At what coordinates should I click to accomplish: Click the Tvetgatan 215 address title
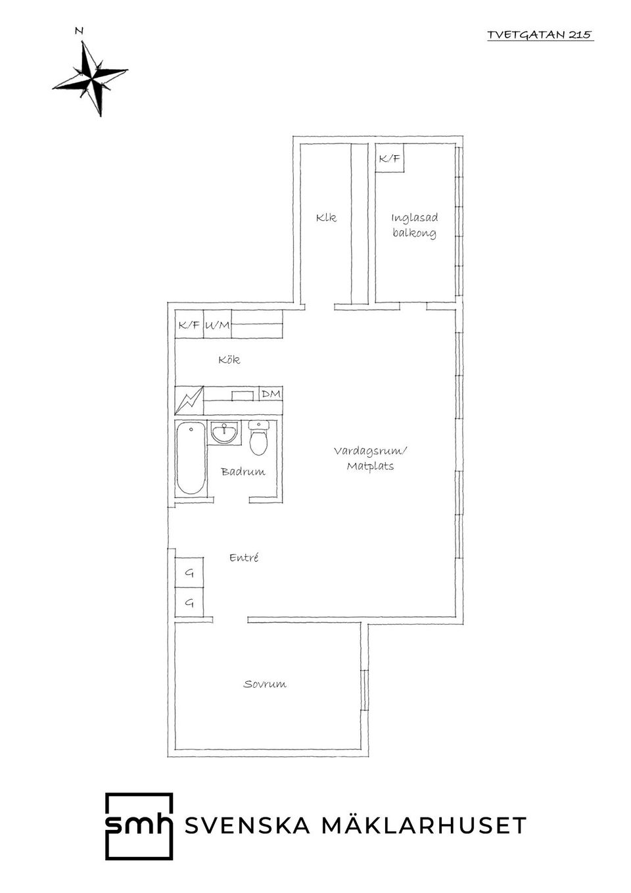[540, 35]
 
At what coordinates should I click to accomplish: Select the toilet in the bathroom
[259, 437]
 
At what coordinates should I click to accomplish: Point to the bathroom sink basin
[225, 433]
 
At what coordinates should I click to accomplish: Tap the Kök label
[229, 360]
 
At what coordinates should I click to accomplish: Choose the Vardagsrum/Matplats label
[371, 458]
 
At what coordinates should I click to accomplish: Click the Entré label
[244, 558]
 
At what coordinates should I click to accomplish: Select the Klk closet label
[326, 218]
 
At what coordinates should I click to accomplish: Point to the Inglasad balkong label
[414, 226]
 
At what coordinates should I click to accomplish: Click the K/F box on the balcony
[389, 158]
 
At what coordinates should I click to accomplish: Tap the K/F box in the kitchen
[189, 325]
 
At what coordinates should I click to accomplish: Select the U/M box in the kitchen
[218, 325]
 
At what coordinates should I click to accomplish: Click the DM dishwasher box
[271, 394]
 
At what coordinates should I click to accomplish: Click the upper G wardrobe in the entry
[189, 573]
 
